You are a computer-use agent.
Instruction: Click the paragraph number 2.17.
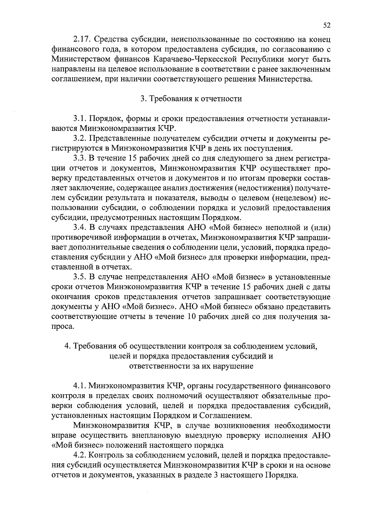point(82,39)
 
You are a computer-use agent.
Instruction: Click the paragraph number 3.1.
point(80,119)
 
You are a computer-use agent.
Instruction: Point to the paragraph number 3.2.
point(80,139)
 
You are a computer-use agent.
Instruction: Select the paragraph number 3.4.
point(80,228)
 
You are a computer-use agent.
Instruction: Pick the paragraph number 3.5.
point(80,277)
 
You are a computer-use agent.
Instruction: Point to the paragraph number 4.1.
point(80,386)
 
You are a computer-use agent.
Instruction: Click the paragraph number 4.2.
point(80,456)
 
